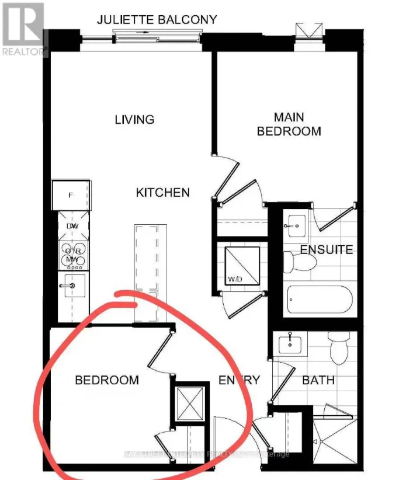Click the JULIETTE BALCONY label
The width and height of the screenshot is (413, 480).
(156, 20)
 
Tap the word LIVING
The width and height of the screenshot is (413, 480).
(134, 120)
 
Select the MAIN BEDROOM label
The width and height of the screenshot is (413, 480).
(289, 124)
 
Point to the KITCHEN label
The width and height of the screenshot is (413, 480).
(163, 193)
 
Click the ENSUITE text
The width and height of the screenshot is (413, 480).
(327, 250)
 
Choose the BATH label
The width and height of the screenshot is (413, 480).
(318, 380)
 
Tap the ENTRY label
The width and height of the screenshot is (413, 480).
(239, 380)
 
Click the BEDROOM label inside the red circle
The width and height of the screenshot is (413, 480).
(107, 380)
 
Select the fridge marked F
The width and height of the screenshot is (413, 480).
(71, 195)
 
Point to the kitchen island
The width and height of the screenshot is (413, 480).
(146, 272)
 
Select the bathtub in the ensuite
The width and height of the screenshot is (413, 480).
(320, 301)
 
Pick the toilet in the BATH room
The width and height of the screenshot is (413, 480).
(338, 347)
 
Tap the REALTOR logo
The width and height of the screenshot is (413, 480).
(23, 29)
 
